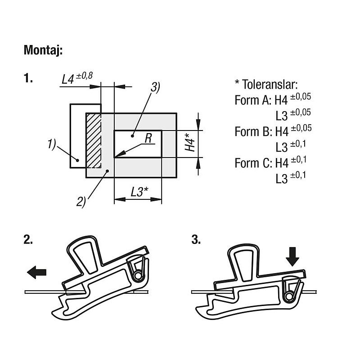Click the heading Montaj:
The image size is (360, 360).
click(43, 50)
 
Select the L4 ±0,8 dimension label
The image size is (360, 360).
click(77, 78)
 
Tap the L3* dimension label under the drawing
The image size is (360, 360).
click(139, 192)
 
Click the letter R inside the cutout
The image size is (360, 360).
click(148, 139)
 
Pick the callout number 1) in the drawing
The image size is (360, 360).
click(52, 144)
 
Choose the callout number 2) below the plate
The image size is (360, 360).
click(81, 202)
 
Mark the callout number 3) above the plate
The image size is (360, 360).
click(155, 87)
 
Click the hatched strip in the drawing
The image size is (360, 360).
click(94, 140)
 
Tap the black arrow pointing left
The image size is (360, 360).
click(37, 272)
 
